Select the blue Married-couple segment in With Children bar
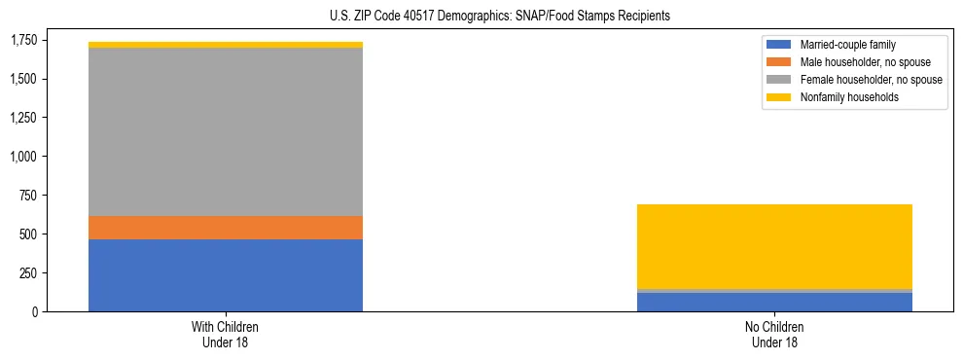pos(226,275)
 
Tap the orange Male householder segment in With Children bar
pos(226,228)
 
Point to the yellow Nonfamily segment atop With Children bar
pos(226,45)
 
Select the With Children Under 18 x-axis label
pos(226,335)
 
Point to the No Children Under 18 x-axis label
pos(774,335)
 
